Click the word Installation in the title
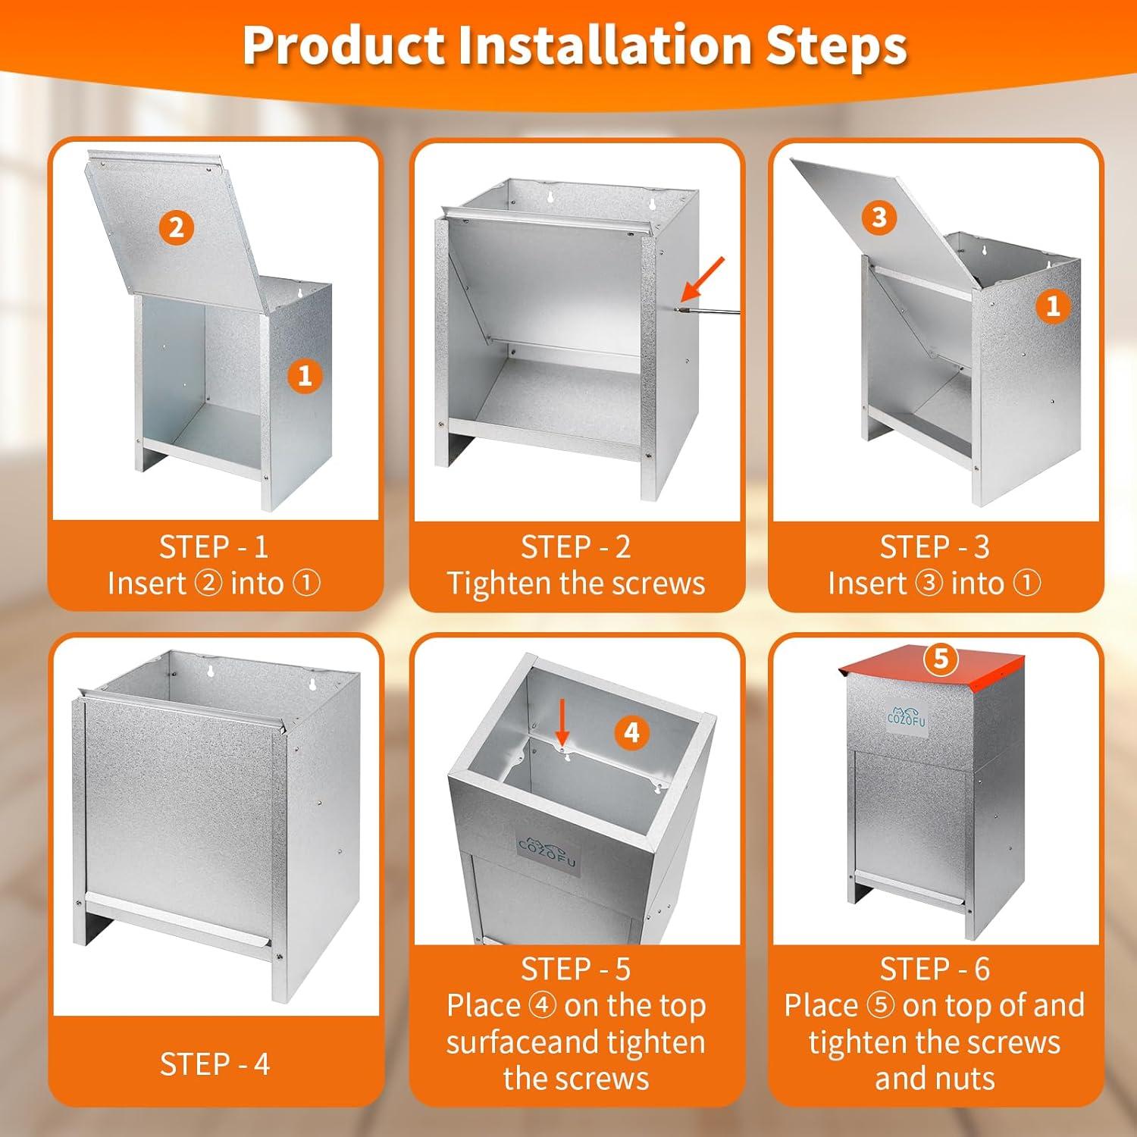(605, 45)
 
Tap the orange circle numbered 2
(177, 227)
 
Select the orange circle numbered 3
(879, 218)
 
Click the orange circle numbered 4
(631, 732)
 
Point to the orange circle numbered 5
(941, 658)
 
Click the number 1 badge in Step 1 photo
(305, 376)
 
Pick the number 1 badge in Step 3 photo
(1053, 306)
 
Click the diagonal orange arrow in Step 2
(703, 278)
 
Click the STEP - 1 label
(214, 547)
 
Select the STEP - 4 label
(215, 1064)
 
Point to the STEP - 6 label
(935, 969)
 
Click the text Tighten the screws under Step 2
(576, 583)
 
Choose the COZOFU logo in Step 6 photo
(907, 716)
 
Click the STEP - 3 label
(935, 547)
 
